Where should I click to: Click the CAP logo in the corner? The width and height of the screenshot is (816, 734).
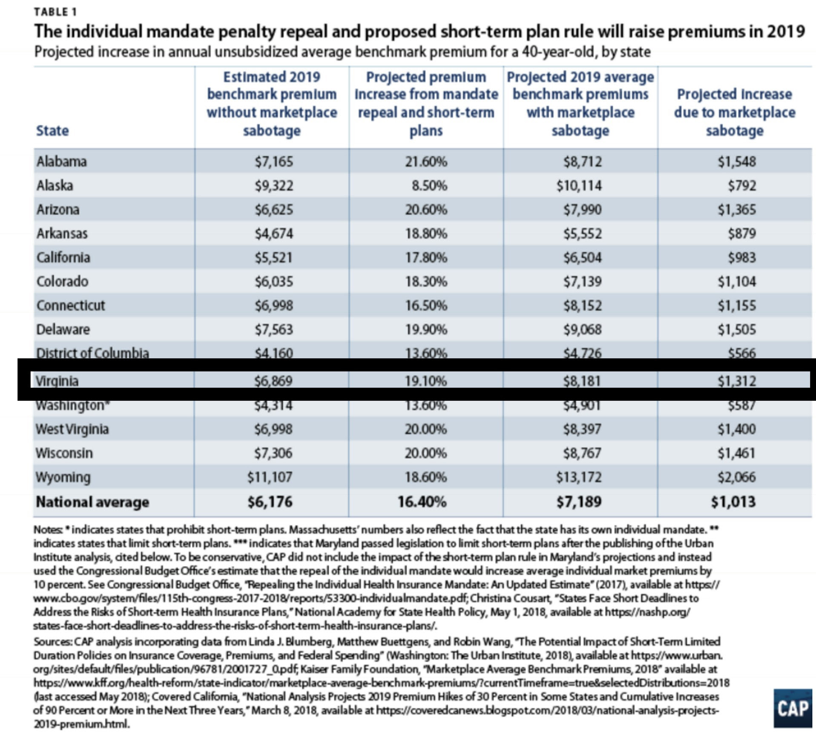point(793,708)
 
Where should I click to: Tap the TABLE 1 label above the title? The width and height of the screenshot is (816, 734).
point(55,12)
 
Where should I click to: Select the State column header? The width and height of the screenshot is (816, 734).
point(52,131)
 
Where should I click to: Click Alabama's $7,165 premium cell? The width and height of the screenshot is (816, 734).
point(274,162)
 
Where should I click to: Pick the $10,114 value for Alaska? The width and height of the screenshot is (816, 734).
point(579,186)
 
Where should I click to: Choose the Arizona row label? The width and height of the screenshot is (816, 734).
point(58,209)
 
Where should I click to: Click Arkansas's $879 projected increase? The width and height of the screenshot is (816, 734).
point(742,234)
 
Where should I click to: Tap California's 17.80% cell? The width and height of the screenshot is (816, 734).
point(426,257)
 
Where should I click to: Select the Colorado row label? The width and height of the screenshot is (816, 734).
point(62,281)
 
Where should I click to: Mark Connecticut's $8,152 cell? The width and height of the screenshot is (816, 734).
point(582,306)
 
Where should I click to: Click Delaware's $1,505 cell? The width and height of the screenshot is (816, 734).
point(737,329)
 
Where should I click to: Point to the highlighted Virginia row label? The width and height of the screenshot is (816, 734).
point(57,381)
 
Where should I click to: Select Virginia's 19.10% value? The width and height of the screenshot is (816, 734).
point(426,381)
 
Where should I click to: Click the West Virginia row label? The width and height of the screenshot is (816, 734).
point(72,429)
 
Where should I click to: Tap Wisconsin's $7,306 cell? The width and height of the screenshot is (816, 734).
point(273,453)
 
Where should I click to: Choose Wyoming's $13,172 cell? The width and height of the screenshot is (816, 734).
point(579,477)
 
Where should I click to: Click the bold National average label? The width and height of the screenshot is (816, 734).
point(92,502)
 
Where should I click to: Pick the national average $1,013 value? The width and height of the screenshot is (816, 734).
point(733,502)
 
